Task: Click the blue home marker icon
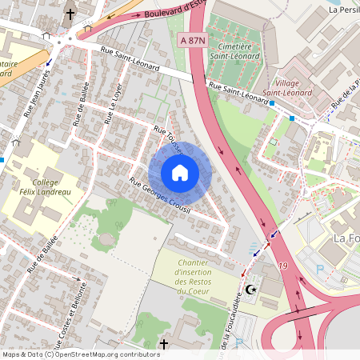(179, 172)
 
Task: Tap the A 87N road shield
(194, 40)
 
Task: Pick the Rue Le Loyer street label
(109, 111)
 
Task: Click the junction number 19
(282, 265)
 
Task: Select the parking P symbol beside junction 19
(321, 270)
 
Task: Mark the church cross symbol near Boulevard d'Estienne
(70, 14)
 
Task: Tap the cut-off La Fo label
(345, 239)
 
